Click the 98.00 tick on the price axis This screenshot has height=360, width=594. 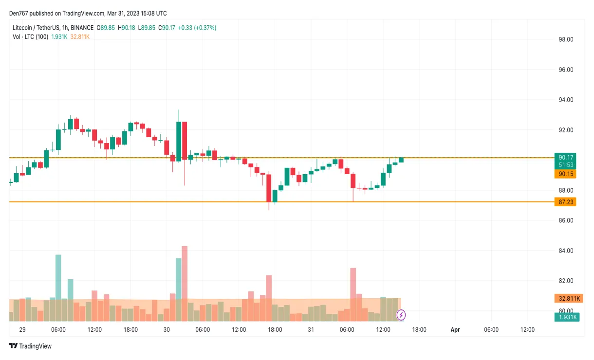566,39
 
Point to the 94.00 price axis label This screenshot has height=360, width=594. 566,100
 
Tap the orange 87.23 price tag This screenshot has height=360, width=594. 565,202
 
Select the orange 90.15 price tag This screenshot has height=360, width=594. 565,174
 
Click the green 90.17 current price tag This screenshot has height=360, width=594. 565,157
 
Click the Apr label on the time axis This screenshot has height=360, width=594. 455,330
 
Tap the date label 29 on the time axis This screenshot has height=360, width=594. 22,330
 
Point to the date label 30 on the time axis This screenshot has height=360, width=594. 167,330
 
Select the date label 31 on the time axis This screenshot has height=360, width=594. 311,330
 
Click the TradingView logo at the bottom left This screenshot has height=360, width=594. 30,346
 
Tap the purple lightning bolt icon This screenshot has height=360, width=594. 401,315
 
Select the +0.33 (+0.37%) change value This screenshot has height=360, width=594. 197,28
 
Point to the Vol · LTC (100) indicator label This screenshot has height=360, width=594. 30,36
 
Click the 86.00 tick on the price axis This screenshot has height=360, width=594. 566,220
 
